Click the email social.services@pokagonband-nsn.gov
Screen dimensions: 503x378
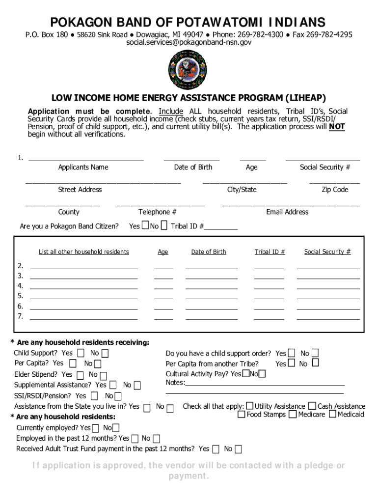click(x=189, y=43)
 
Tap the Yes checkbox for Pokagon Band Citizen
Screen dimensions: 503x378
click(x=145, y=225)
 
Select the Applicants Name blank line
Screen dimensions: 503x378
click(x=86, y=159)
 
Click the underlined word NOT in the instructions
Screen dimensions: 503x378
click(x=337, y=127)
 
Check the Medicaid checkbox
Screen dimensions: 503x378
click(x=332, y=414)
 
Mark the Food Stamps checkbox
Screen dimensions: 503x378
click(x=242, y=414)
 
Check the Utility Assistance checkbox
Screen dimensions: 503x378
click(x=250, y=406)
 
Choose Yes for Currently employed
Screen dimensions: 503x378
click(x=95, y=428)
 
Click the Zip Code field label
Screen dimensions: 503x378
click(x=335, y=190)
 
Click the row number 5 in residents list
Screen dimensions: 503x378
click(x=20, y=296)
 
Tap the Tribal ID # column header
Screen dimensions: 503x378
click(x=270, y=252)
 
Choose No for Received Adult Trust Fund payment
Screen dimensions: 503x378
click(x=238, y=449)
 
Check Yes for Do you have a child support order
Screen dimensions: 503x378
click(x=292, y=353)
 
